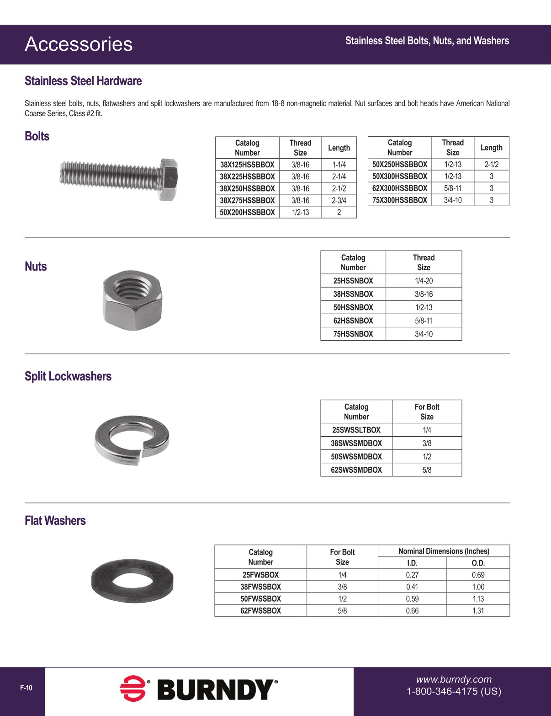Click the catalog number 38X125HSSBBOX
(x=247, y=165)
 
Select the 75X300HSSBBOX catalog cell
(x=400, y=200)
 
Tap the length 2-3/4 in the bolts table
(x=339, y=200)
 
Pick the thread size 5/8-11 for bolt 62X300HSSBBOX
(x=453, y=188)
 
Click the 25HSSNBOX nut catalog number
(x=353, y=281)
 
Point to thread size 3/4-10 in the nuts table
(x=424, y=334)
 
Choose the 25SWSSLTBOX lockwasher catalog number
(x=356, y=430)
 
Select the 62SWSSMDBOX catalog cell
(x=356, y=470)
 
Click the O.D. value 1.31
(x=478, y=611)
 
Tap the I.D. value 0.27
(x=412, y=575)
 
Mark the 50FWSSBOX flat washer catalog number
(x=260, y=599)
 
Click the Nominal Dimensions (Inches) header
(x=444, y=551)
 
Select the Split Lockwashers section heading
(x=68, y=376)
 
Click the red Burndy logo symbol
(x=133, y=688)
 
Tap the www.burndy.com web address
(x=454, y=679)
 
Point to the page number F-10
(x=26, y=688)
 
